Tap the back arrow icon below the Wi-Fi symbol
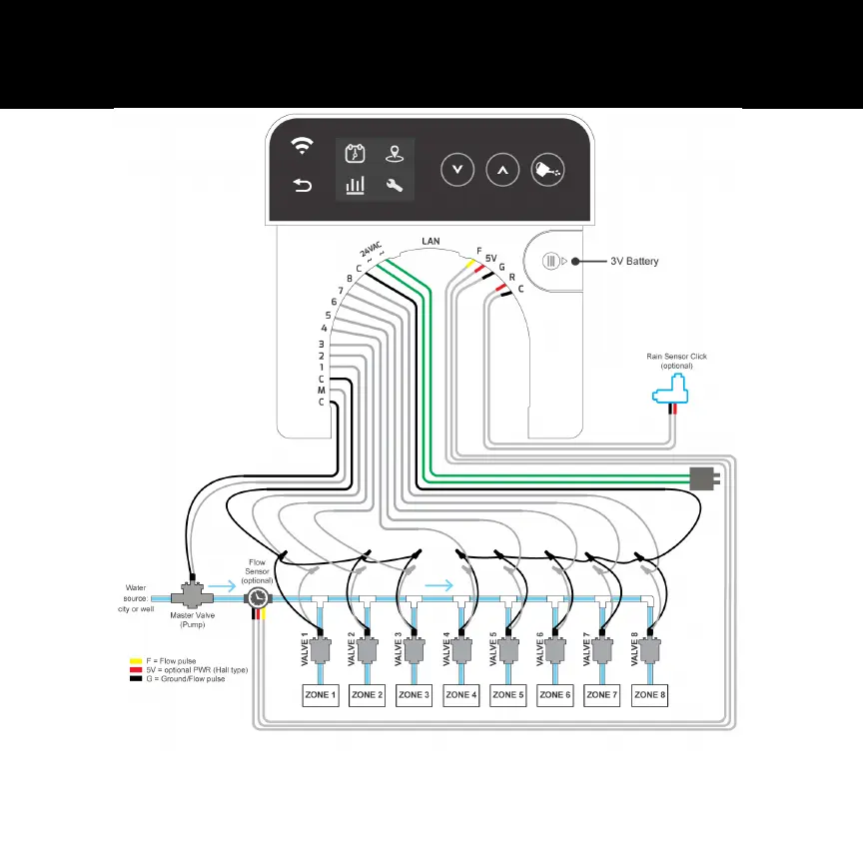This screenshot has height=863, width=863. [301, 185]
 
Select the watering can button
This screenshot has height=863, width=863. [547, 170]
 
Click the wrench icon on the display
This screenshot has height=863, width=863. [395, 185]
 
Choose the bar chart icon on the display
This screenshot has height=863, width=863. [356, 185]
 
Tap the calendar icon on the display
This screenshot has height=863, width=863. [356, 154]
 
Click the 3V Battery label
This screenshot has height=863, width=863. [634, 262]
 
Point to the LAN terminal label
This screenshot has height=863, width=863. [431, 242]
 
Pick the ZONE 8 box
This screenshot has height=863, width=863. [649, 694]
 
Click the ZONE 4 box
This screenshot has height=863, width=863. [462, 694]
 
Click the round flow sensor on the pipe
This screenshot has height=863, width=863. [258, 599]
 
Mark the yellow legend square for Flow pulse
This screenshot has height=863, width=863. [134, 661]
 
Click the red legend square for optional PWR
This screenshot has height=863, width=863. [134, 669]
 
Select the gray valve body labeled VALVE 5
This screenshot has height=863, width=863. [508, 650]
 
